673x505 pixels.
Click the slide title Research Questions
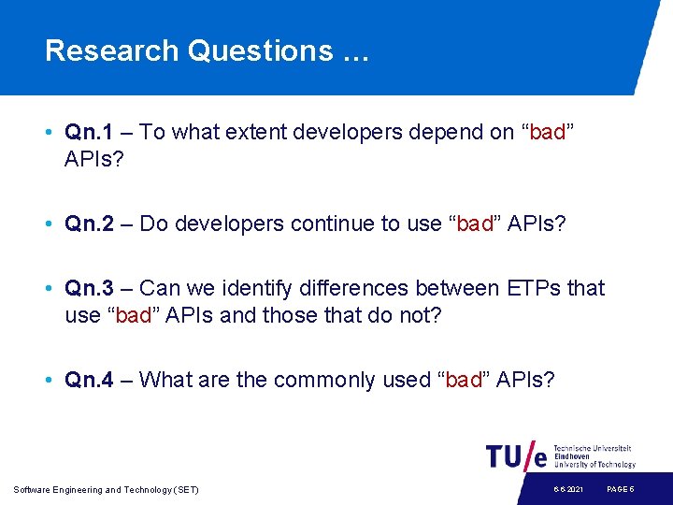(207, 50)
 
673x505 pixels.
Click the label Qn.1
(90, 133)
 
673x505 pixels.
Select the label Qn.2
(90, 224)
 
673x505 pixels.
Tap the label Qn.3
(90, 288)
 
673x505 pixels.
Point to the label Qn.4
(90, 380)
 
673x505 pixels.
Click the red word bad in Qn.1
(547, 133)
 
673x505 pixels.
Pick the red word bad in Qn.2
(475, 224)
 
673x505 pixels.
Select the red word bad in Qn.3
(133, 315)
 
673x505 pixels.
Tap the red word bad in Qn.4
(464, 380)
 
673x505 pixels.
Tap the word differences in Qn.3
(349, 288)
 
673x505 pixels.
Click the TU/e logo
(517, 455)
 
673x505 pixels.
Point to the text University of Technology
(594, 465)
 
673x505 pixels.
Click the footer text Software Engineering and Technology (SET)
(107, 490)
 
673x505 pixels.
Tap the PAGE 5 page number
(621, 490)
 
